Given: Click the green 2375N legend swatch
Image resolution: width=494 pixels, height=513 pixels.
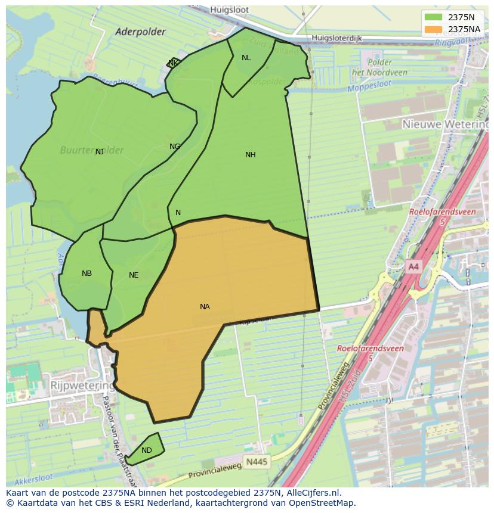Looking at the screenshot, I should pyautogui.click(x=434, y=17).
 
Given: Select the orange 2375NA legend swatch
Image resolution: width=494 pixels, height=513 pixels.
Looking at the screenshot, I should pyautogui.click(x=434, y=29).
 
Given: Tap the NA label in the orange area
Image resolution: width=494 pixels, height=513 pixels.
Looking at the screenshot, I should pyautogui.click(x=205, y=307).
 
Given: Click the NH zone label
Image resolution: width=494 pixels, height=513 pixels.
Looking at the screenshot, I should pyautogui.click(x=250, y=155).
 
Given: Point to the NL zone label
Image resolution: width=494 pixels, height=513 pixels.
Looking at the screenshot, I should pyautogui.click(x=246, y=58).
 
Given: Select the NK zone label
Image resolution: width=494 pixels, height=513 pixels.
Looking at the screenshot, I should pyautogui.click(x=173, y=63).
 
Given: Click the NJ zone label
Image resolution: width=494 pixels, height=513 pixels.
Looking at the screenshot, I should pyautogui.click(x=100, y=152).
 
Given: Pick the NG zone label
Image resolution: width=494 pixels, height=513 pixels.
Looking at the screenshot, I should pyautogui.click(x=175, y=147).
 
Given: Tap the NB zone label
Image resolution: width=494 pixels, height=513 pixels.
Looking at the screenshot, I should pyautogui.click(x=87, y=273).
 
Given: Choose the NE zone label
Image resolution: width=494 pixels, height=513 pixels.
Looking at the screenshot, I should pyautogui.click(x=134, y=275).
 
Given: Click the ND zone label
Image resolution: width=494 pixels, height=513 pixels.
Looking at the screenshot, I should pyautogui.click(x=147, y=450).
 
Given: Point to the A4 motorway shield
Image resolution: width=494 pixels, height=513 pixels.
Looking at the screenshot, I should pyautogui.click(x=413, y=267).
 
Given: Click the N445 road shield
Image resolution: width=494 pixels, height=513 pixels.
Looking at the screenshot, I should pyautogui.click(x=257, y=462).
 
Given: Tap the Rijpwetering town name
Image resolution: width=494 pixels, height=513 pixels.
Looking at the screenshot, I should pyautogui.click(x=82, y=385).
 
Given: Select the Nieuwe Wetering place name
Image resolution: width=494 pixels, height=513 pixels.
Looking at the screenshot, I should pyautogui.click(x=444, y=125).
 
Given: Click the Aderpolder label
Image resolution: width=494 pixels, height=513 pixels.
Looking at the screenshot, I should pyautogui.click(x=140, y=32).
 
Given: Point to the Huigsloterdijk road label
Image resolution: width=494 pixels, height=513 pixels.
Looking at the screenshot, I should pyautogui.click(x=338, y=38).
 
